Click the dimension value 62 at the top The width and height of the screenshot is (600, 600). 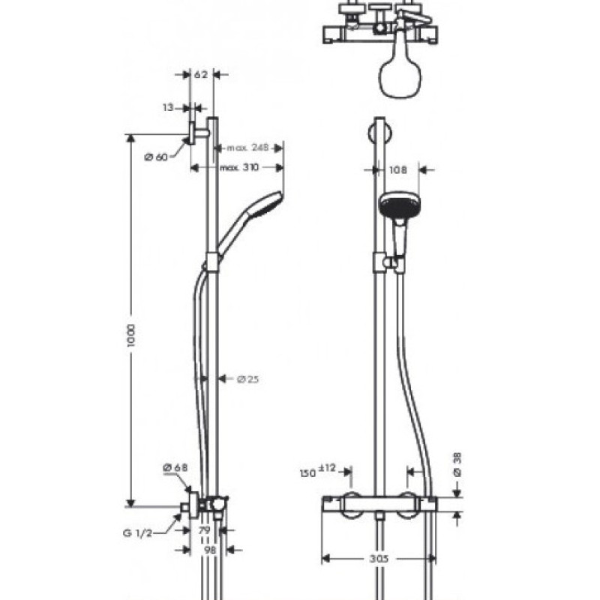pos(200,75)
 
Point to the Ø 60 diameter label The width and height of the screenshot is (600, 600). pos(155,156)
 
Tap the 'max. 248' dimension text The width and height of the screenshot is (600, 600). pos(248,146)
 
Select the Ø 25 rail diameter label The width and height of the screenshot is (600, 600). pos(247,379)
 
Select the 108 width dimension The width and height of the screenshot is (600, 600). pos(398,170)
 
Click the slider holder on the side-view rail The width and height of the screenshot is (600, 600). pos(214,261)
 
